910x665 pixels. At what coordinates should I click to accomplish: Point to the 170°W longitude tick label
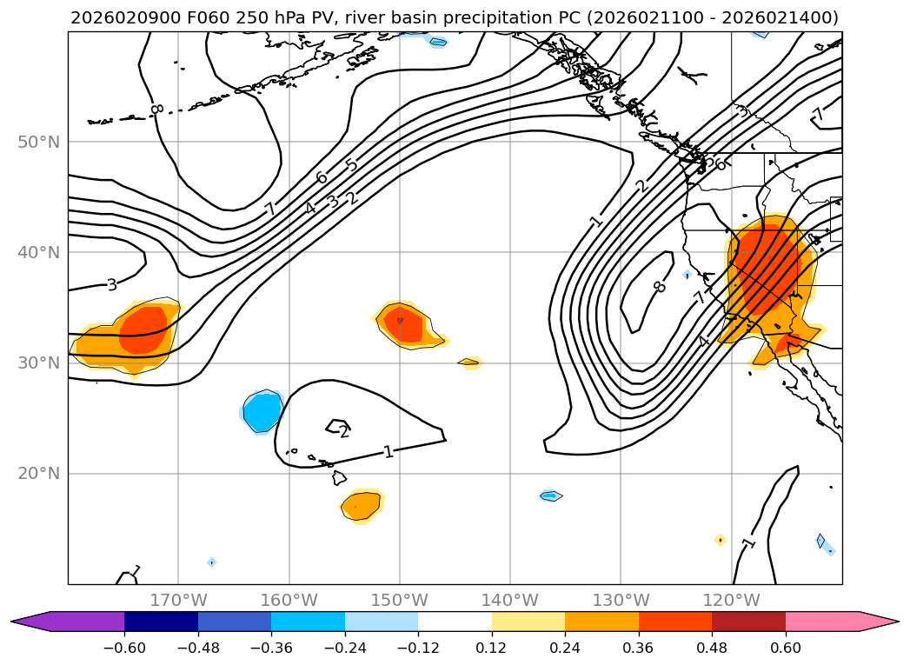[178, 601]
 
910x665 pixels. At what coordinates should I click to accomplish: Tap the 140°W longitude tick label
[509, 601]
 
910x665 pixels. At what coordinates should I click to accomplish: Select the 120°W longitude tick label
[731, 601]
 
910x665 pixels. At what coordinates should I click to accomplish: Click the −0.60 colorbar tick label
[124, 648]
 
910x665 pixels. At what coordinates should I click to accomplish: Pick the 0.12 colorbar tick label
[492, 648]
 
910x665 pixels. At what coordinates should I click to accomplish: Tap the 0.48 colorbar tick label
[712, 648]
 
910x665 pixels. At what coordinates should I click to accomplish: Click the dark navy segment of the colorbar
[161, 622]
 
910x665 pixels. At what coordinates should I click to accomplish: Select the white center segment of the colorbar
[455, 622]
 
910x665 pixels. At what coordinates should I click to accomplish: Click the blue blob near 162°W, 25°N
[262, 412]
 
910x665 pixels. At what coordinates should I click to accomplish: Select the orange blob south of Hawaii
[361, 505]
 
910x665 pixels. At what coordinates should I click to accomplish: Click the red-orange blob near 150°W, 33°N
[402, 324]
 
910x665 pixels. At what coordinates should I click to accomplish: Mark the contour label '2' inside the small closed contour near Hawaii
[344, 431]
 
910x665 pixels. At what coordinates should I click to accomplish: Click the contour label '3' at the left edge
[111, 284]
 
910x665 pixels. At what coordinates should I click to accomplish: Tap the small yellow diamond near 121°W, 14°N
[720, 540]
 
